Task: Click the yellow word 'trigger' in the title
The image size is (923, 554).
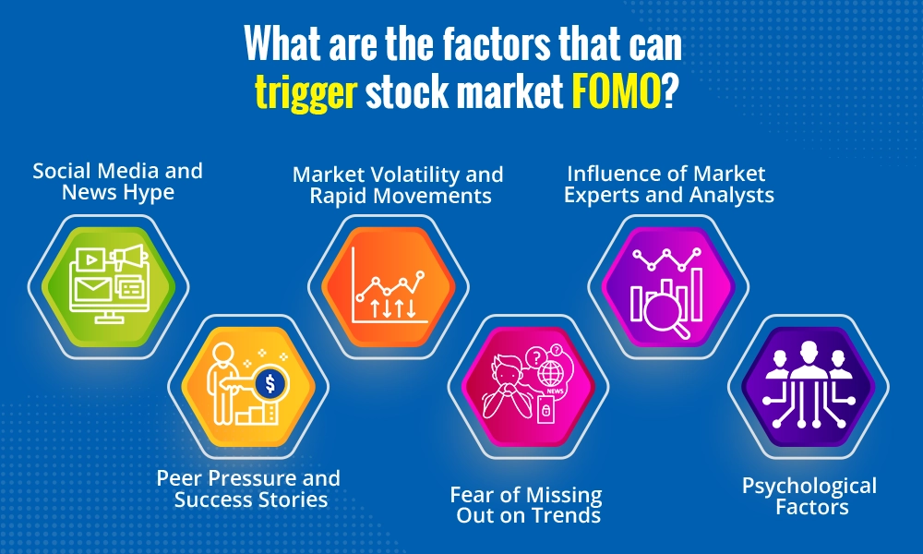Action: point(306,94)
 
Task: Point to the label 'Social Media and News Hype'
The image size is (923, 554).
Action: point(117,182)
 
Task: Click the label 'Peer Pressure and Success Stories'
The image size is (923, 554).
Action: point(248,488)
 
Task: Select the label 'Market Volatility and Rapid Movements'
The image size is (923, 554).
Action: point(398,185)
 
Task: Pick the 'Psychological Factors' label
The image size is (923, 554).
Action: point(809,496)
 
